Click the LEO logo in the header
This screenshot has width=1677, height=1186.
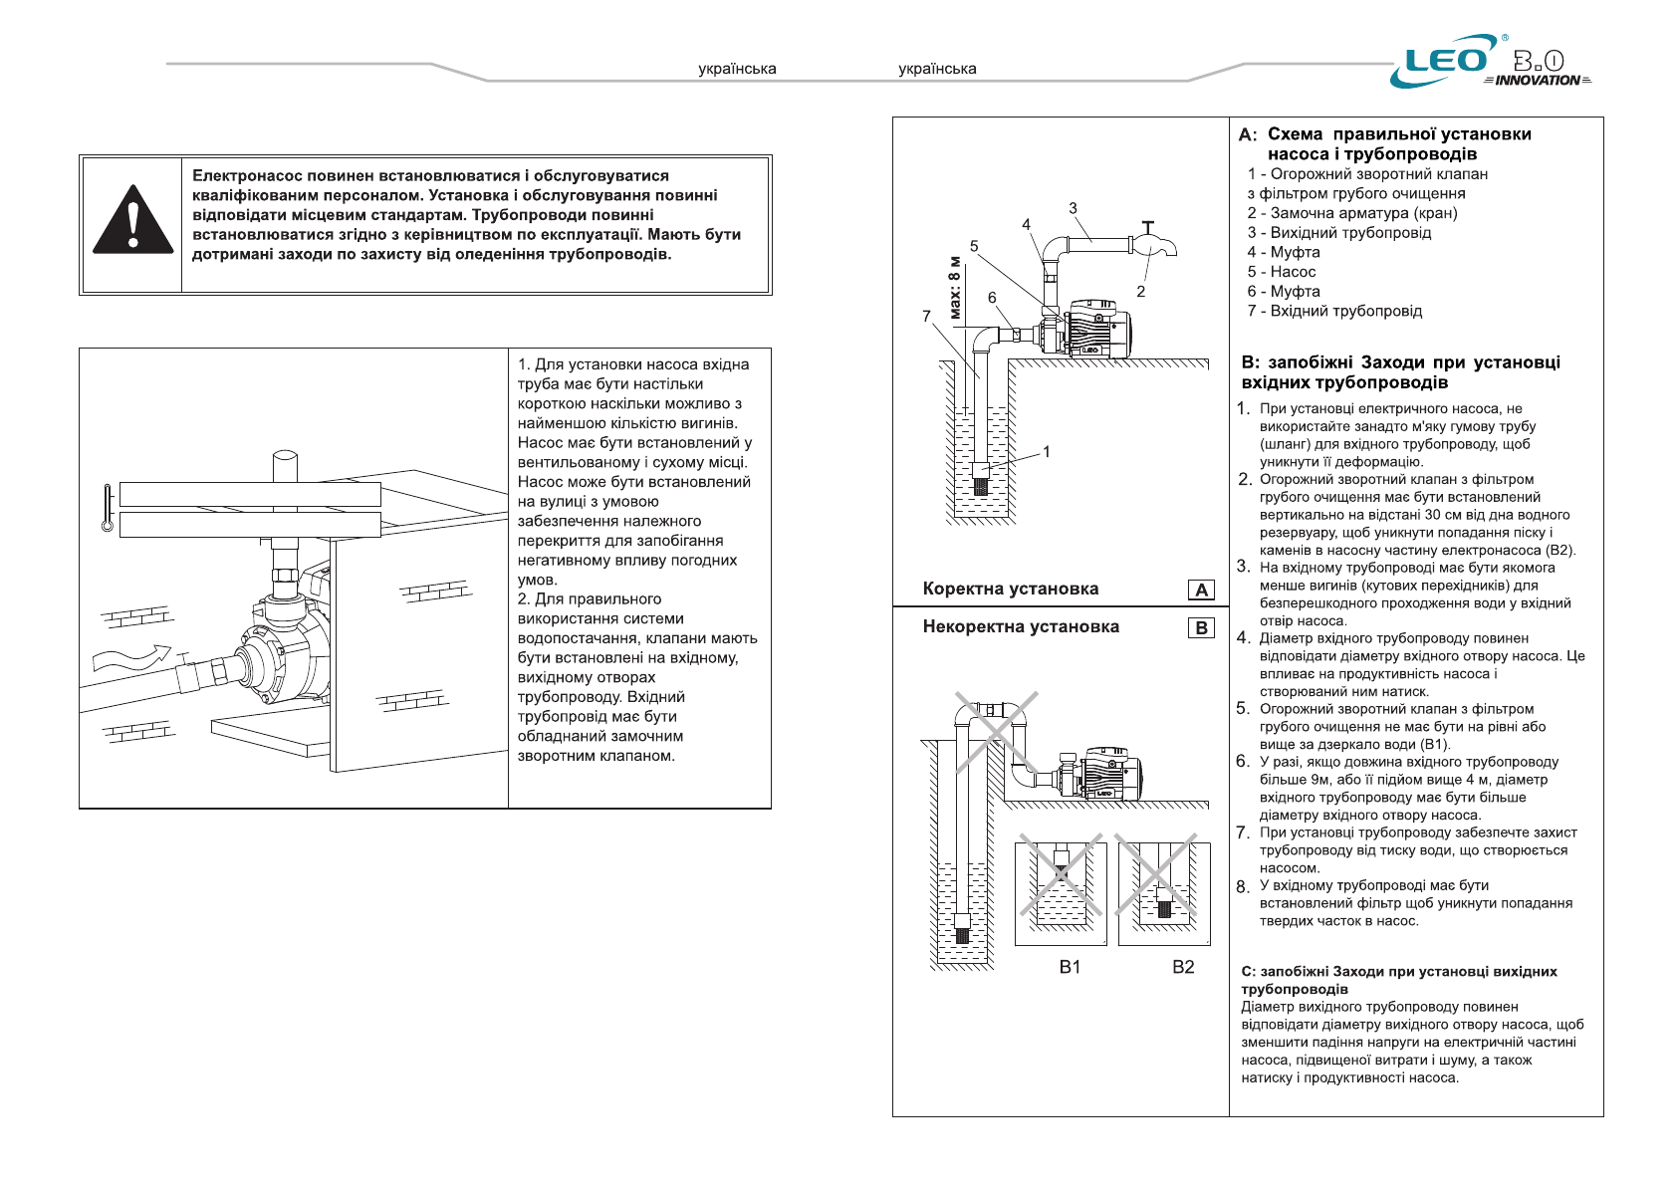[x=1446, y=61]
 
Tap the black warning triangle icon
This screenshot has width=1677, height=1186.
[x=132, y=220]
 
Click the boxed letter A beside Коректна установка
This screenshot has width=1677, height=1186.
[x=1201, y=590]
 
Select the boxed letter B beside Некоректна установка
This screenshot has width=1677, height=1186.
[x=1201, y=627]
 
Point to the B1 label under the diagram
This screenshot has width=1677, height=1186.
[x=1070, y=966]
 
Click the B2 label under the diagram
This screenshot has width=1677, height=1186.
[x=1183, y=966]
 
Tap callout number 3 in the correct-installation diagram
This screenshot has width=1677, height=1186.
[x=1073, y=208]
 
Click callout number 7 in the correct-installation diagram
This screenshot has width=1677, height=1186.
[x=926, y=316]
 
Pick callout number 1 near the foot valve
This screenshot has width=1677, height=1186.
[x=1047, y=451]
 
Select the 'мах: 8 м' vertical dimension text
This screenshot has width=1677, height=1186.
[x=955, y=290]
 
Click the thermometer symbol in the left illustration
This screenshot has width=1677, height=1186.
[x=108, y=508]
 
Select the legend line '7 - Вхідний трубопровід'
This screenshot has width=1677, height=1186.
[x=1334, y=311]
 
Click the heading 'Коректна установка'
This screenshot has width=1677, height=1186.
[x=1010, y=589]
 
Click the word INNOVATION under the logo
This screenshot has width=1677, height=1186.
[x=1537, y=81]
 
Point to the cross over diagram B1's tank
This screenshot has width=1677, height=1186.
[x=1061, y=874]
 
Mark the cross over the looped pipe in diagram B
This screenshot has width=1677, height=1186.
[x=996, y=732]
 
